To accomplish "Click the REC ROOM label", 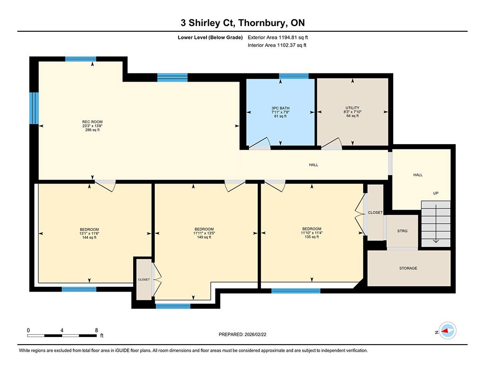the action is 92,122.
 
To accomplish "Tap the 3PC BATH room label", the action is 280,108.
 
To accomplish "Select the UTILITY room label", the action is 352,108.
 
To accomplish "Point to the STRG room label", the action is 403,231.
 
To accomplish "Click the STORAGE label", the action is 408,268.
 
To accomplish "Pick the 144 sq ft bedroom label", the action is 90,233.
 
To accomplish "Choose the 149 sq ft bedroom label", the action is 204,233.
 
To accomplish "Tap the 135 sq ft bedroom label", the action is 312,233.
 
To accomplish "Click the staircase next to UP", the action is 436,224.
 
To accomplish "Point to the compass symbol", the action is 448,331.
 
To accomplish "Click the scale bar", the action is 62,336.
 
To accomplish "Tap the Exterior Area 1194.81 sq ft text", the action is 278,37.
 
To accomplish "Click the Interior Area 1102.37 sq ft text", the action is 277,45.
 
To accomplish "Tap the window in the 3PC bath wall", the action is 294,76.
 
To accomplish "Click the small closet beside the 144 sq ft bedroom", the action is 144,280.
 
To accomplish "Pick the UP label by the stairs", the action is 436,193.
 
